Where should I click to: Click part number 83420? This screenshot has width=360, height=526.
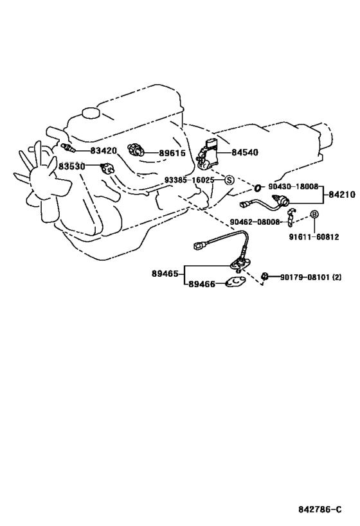click(104, 151)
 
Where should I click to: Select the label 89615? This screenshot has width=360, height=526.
click(172, 153)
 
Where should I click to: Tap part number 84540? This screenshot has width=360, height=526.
click(245, 153)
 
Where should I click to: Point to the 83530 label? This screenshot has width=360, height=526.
click(72, 166)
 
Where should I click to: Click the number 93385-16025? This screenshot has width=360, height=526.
click(190, 180)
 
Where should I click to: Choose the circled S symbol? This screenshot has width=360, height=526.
click(229, 180)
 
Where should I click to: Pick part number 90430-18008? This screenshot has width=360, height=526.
click(293, 186)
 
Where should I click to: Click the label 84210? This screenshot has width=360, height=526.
click(342, 195)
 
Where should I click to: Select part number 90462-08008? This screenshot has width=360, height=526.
click(255, 222)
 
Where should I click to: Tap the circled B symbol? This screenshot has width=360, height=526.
click(314, 214)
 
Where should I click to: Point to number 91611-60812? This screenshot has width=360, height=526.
click(314, 237)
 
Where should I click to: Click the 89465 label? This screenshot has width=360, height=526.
click(165, 274)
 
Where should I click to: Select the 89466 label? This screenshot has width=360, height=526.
click(202, 284)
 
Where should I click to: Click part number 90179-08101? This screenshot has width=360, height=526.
click(305, 277)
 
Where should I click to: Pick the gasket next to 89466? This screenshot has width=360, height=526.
click(235, 283)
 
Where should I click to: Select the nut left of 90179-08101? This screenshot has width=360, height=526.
click(264, 276)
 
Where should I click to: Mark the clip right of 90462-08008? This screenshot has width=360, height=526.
click(291, 216)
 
